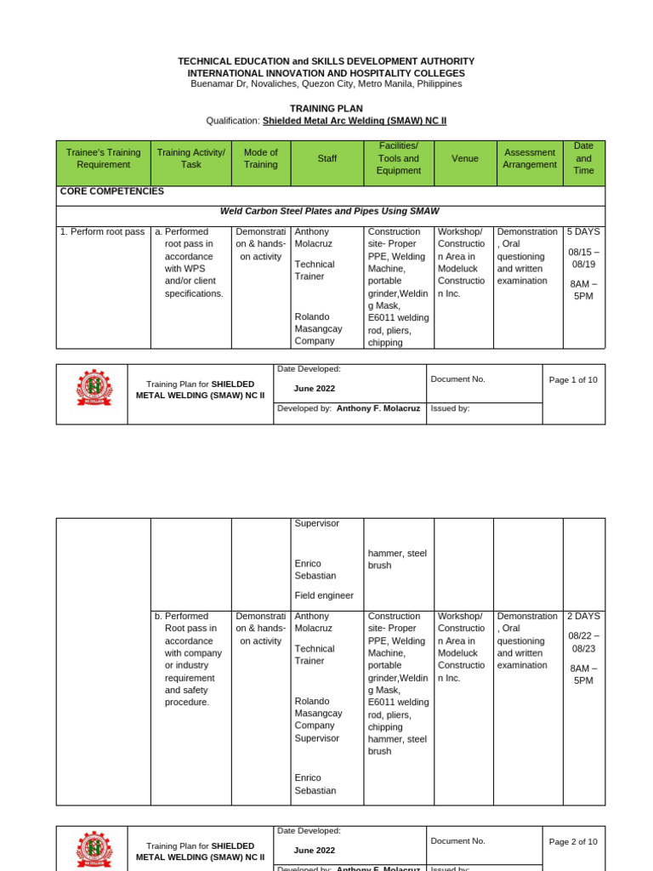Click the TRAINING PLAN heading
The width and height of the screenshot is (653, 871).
point(326,109)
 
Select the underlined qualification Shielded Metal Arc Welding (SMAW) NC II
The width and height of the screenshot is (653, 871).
point(354,121)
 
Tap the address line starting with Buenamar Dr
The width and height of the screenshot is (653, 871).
point(326,83)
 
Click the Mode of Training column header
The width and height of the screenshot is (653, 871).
point(261,158)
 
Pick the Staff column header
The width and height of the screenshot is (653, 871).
point(326,158)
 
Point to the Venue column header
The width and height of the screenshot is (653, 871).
point(464,158)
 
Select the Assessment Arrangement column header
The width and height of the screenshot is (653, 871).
point(529,158)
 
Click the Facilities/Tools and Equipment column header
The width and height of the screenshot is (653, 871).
point(398,158)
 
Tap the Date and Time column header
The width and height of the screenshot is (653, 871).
point(583,158)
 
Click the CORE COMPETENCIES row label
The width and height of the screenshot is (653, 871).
point(112,191)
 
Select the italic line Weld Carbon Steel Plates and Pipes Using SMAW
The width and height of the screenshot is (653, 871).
point(330,211)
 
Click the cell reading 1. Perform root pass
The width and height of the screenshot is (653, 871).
point(103,231)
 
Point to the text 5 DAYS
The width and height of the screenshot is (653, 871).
point(583,231)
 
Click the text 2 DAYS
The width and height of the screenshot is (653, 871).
point(583,616)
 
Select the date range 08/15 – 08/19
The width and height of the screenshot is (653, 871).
point(583,258)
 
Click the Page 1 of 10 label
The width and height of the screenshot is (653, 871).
point(573,379)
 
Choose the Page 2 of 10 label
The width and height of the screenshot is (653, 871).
point(573,841)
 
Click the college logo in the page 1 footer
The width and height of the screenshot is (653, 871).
point(94,388)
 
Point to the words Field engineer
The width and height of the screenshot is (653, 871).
point(324,595)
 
